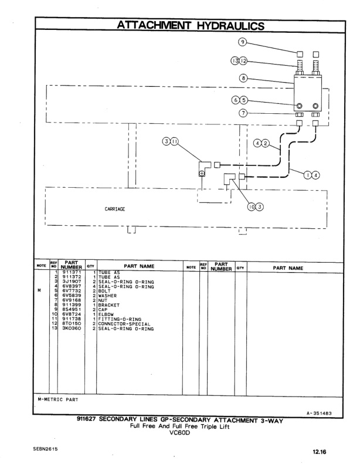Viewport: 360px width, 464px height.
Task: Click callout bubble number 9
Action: coord(243,42)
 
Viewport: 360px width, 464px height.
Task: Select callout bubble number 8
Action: coord(243,77)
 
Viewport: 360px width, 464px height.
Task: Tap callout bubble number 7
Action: coord(243,113)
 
